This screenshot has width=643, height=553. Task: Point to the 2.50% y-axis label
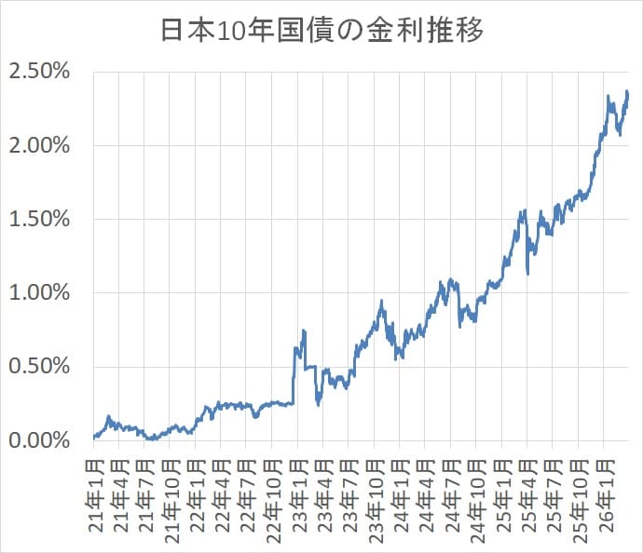pyautogui.click(x=40, y=72)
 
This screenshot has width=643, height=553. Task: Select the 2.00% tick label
pyautogui.click(x=40, y=145)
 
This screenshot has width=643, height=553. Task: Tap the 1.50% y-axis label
pyautogui.click(x=40, y=219)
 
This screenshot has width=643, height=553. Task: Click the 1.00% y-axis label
pyautogui.click(x=40, y=292)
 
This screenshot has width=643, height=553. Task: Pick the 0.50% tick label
pyautogui.click(x=40, y=366)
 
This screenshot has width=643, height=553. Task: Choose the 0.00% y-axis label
pyautogui.click(x=40, y=439)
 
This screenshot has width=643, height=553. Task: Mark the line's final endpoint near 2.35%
pyautogui.click(x=628, y=93)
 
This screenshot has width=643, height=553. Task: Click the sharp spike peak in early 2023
pyautogui.click(x=304, y=330)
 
